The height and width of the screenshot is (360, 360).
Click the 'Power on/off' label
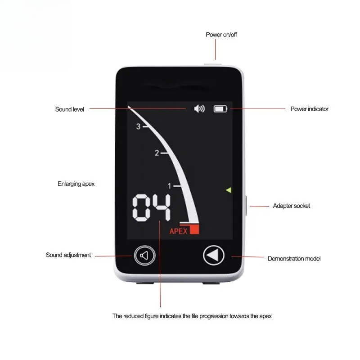coord(221,35)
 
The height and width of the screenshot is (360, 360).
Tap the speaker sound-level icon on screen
coord(199,108)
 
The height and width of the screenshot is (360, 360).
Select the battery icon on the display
coord(220,109)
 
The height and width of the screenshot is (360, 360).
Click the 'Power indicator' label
coord(309,109)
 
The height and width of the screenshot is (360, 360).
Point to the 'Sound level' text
coord(70,109)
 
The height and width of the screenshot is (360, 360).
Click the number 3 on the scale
coord(138,126)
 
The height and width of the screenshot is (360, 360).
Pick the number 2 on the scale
coord(157,153)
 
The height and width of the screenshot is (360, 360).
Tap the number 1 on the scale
coord(170,186)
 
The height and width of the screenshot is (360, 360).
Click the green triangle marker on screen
coord(229,190)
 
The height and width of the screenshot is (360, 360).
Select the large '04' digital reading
coord(152,207)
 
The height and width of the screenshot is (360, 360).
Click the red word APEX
coord(178,231)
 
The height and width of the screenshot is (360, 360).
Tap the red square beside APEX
coord(194,229)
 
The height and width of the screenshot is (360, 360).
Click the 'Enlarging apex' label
coord(76,184)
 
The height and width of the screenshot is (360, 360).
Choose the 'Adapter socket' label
coord(291,206)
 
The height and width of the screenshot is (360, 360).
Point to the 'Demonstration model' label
coord(294,259)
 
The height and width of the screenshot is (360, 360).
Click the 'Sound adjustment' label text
coord(68,255)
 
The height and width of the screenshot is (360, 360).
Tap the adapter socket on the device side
coord(246,206)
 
